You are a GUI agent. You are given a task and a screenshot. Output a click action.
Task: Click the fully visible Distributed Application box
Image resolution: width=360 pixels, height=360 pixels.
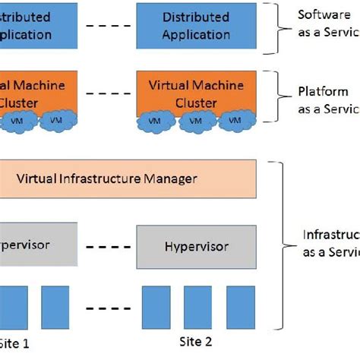tap(196, 25)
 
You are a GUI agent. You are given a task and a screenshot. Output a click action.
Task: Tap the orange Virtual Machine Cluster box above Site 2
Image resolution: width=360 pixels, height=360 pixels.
tap(196, 93)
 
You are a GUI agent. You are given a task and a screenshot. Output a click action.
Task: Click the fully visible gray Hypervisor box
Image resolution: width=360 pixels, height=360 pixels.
tap(196, 245)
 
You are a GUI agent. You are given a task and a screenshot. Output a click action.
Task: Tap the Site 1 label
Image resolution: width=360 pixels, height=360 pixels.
tap(15, 343)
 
